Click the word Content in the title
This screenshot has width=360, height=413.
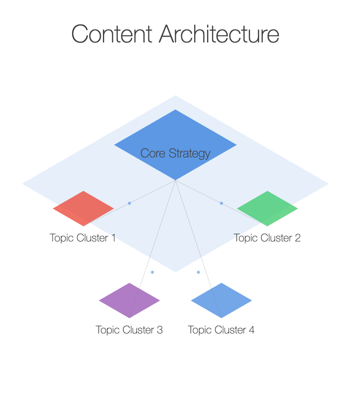[112, 34]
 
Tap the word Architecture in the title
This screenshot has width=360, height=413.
[219, 34]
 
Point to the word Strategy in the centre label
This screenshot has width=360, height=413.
[190, 154]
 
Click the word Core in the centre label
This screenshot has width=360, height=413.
[152, 153]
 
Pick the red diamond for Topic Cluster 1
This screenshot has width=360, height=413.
[83, 208]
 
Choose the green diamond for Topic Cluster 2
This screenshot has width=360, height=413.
[267, 208]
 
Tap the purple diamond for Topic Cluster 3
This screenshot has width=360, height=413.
[129, 300]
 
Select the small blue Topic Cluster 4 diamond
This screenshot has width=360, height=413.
[221, 300]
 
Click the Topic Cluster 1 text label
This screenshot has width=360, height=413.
[83, 238]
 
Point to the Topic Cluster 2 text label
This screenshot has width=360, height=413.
[267, 238]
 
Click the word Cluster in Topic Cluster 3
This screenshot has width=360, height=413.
[138, 330]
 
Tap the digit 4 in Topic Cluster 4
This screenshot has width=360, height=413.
[252, 330]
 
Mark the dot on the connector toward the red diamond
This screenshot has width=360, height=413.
[130, 203]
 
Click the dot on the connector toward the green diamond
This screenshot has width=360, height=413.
[221, 203]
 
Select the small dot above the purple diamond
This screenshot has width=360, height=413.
[152, 272]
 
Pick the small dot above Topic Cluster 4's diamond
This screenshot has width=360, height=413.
[198, 272]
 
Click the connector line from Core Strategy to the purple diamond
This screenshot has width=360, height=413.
[152, 249]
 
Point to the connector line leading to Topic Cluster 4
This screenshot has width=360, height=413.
[198, 249]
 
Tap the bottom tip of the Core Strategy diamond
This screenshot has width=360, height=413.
[175, 180]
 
